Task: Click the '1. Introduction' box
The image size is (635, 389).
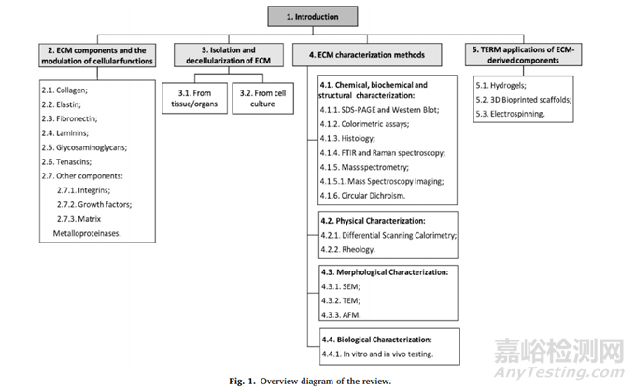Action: click(x=313, y=17)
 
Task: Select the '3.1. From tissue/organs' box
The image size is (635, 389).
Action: click(x=194, y=98)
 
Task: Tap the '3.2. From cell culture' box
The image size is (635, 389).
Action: click(x=262, y=98)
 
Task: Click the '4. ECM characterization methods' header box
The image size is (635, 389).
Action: click(x=367, y=55)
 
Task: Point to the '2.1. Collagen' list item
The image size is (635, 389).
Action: click(x=64, y=90)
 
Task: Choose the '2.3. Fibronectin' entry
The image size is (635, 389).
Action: click(x=69, y=118)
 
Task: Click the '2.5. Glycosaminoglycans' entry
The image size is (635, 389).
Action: click(x=84, y=147)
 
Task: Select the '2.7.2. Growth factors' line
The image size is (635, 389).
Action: click(x=94, y=204)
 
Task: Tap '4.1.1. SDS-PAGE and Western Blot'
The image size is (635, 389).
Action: click(x=379, y=110)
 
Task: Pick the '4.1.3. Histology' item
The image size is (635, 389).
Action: click(x=347, y=139)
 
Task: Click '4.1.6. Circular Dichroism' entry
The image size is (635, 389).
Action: click(x=362, y=196)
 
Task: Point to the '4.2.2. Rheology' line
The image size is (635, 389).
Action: click(x=348, y=249)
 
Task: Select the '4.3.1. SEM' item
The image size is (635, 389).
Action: click(x=341, y=286)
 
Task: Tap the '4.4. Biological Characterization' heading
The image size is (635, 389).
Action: click(x=377, y=340)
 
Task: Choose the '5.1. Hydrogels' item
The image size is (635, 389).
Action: click(x=501, y=85)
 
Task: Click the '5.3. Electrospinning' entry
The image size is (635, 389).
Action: click(x=510, y=114)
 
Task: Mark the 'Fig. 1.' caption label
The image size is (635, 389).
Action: click(x=242, y=381)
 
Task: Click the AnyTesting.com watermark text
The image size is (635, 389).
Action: click(x=558, y=372)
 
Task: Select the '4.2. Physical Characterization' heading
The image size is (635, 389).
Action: click(x=373, y=221)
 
